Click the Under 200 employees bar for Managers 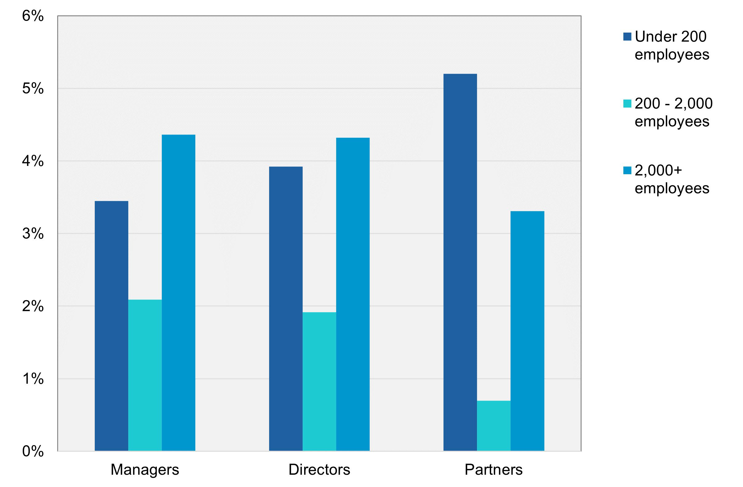111,326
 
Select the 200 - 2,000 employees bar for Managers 145,375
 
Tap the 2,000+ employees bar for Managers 178,293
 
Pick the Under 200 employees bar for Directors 286,308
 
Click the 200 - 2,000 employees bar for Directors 319,381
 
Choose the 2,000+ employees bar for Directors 353,294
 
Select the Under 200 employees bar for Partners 460,262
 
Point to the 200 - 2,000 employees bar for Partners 494,426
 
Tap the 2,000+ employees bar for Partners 527,331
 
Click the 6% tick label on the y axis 33,16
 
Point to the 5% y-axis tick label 33,88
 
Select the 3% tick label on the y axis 33,234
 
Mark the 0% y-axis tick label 33,451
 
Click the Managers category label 145,469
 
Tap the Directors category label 319,469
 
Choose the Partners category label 493,469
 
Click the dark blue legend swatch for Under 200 627,37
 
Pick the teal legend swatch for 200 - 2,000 627,104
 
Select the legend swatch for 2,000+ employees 627,170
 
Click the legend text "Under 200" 670,37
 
